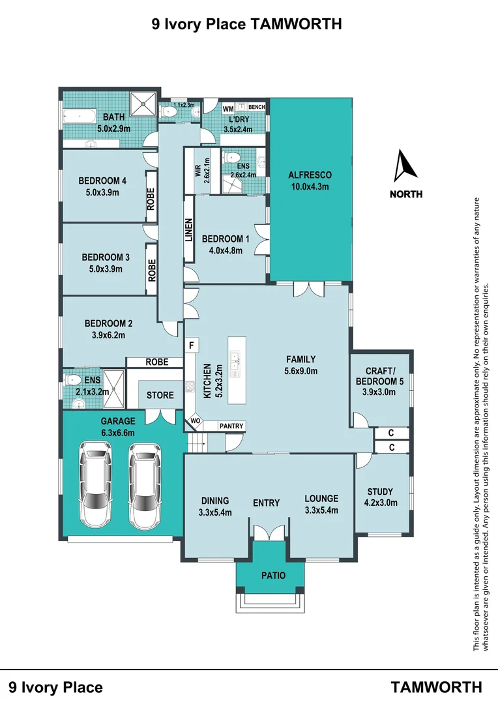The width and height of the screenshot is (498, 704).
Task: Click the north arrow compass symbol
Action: pyautogui.click(x=405, y=166)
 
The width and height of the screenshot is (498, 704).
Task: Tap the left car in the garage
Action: pyautogui.click(x=95, y=484)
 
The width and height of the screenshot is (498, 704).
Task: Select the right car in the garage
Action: pyautogui.click(x=144, y=486)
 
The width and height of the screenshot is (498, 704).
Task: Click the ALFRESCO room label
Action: pyautogui.click(x=310, y=175)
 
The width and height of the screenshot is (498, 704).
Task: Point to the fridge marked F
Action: pyautogui.click(x=191, y=345)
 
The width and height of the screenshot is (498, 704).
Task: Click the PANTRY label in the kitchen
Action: pyautogui.click(x=231, y=426)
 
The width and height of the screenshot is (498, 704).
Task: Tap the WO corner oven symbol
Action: pyautogui.click(x=195, y=421)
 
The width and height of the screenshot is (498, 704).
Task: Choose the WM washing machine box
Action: pyautogui.click(x=228, y=109)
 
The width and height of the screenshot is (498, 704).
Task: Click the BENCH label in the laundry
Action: pyautogui.click(x=256, y=107)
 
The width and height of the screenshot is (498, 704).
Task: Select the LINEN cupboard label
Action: pyautogui.click(x=188, y=230)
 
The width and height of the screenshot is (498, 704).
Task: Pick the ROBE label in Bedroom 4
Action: pyautogui.click(x=151, y=199)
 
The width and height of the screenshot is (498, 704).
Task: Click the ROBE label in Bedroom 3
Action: pyautogui.click(x=152, y=271)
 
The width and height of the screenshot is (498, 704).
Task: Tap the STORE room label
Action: pyautogui.click(x=160, y=395)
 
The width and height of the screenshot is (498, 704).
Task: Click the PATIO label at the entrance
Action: pyautogui.click(x=274, y=575)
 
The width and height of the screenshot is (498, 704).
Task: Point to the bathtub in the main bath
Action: pyautogui.click(x=80, y=117)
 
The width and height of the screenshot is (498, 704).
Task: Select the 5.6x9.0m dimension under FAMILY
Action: pyautogui.click(x=301, y=371)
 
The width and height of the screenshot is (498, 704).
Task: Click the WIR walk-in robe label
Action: pyautogui.click(x=198, y=171)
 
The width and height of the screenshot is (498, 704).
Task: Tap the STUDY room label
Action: pyautogui.click(x=380, y=491)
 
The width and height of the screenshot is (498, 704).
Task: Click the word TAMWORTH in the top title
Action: pyautogui.click(x=295, y=23)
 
